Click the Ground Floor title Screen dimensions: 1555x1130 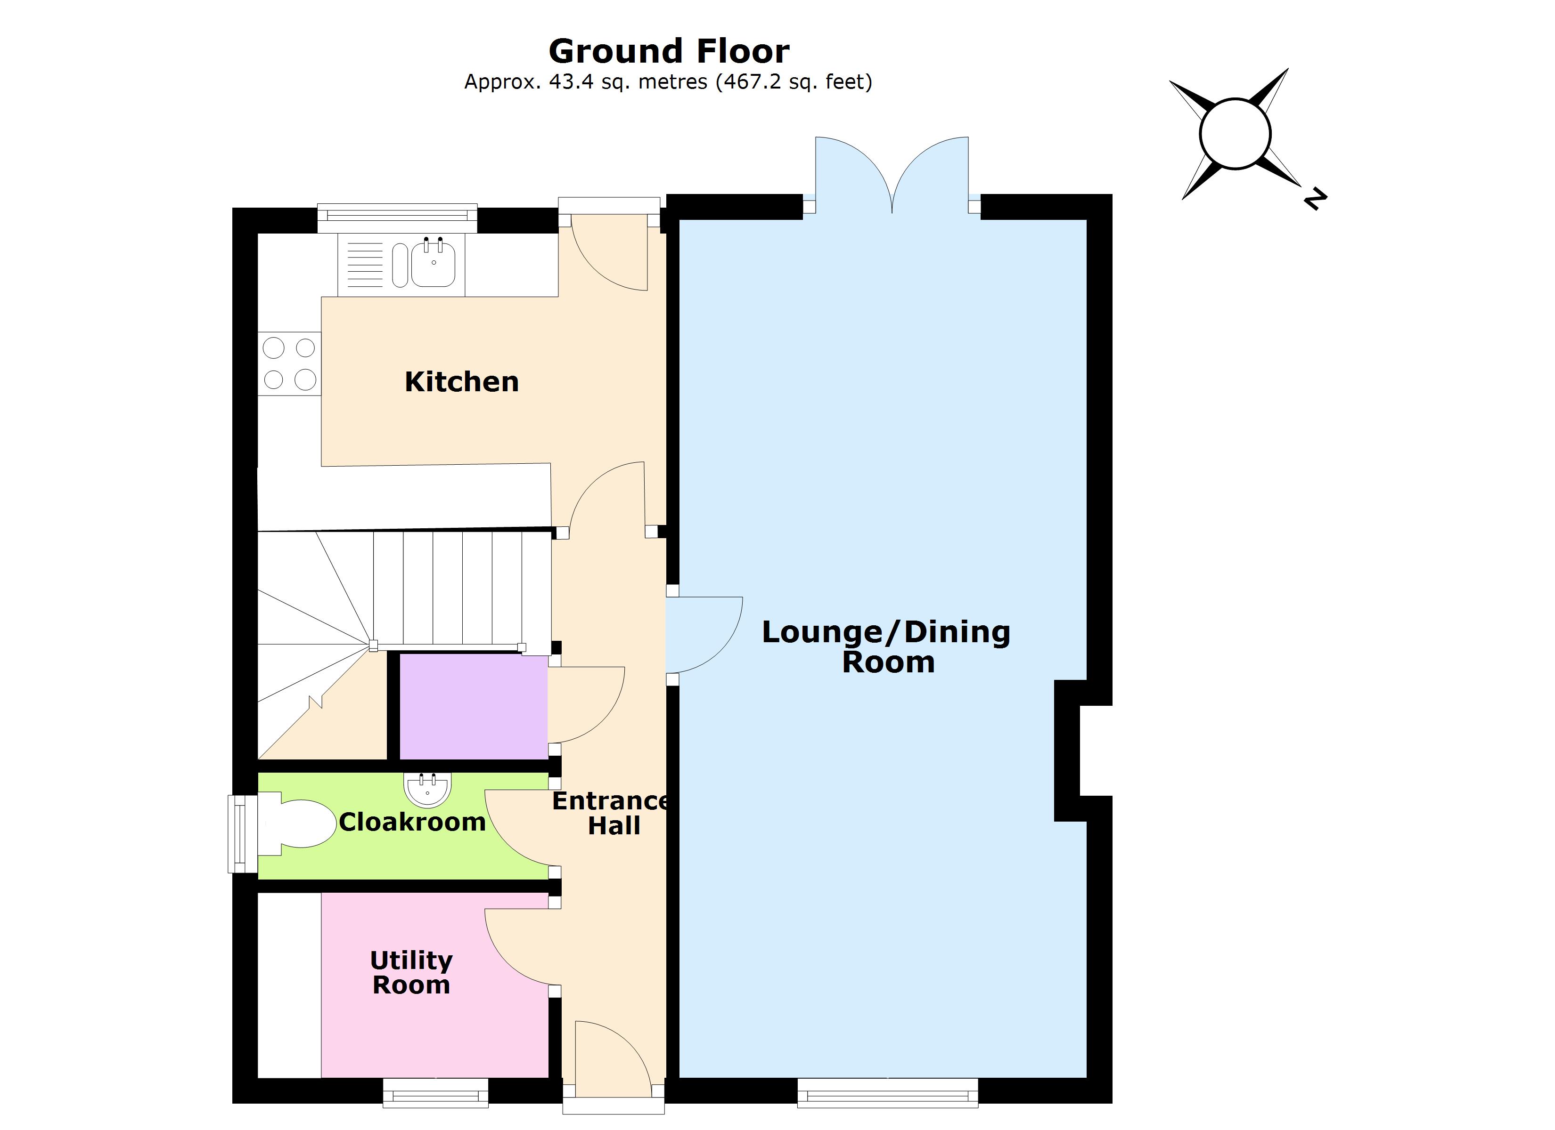click(x=669, y=51)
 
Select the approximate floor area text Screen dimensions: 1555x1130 click(x=669, y=82)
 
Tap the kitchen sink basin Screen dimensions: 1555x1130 click(x=433, y=265)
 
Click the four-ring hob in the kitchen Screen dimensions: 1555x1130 click(x=289, y=364)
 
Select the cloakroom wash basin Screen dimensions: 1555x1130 click(x=428, y=789)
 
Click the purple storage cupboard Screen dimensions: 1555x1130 click(x=474, y=707)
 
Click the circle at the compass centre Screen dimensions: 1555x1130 click(x=1236, y=134)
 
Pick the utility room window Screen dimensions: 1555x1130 click(x=435, y=1093)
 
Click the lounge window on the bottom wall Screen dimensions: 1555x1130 click(x=888, y=1093)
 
